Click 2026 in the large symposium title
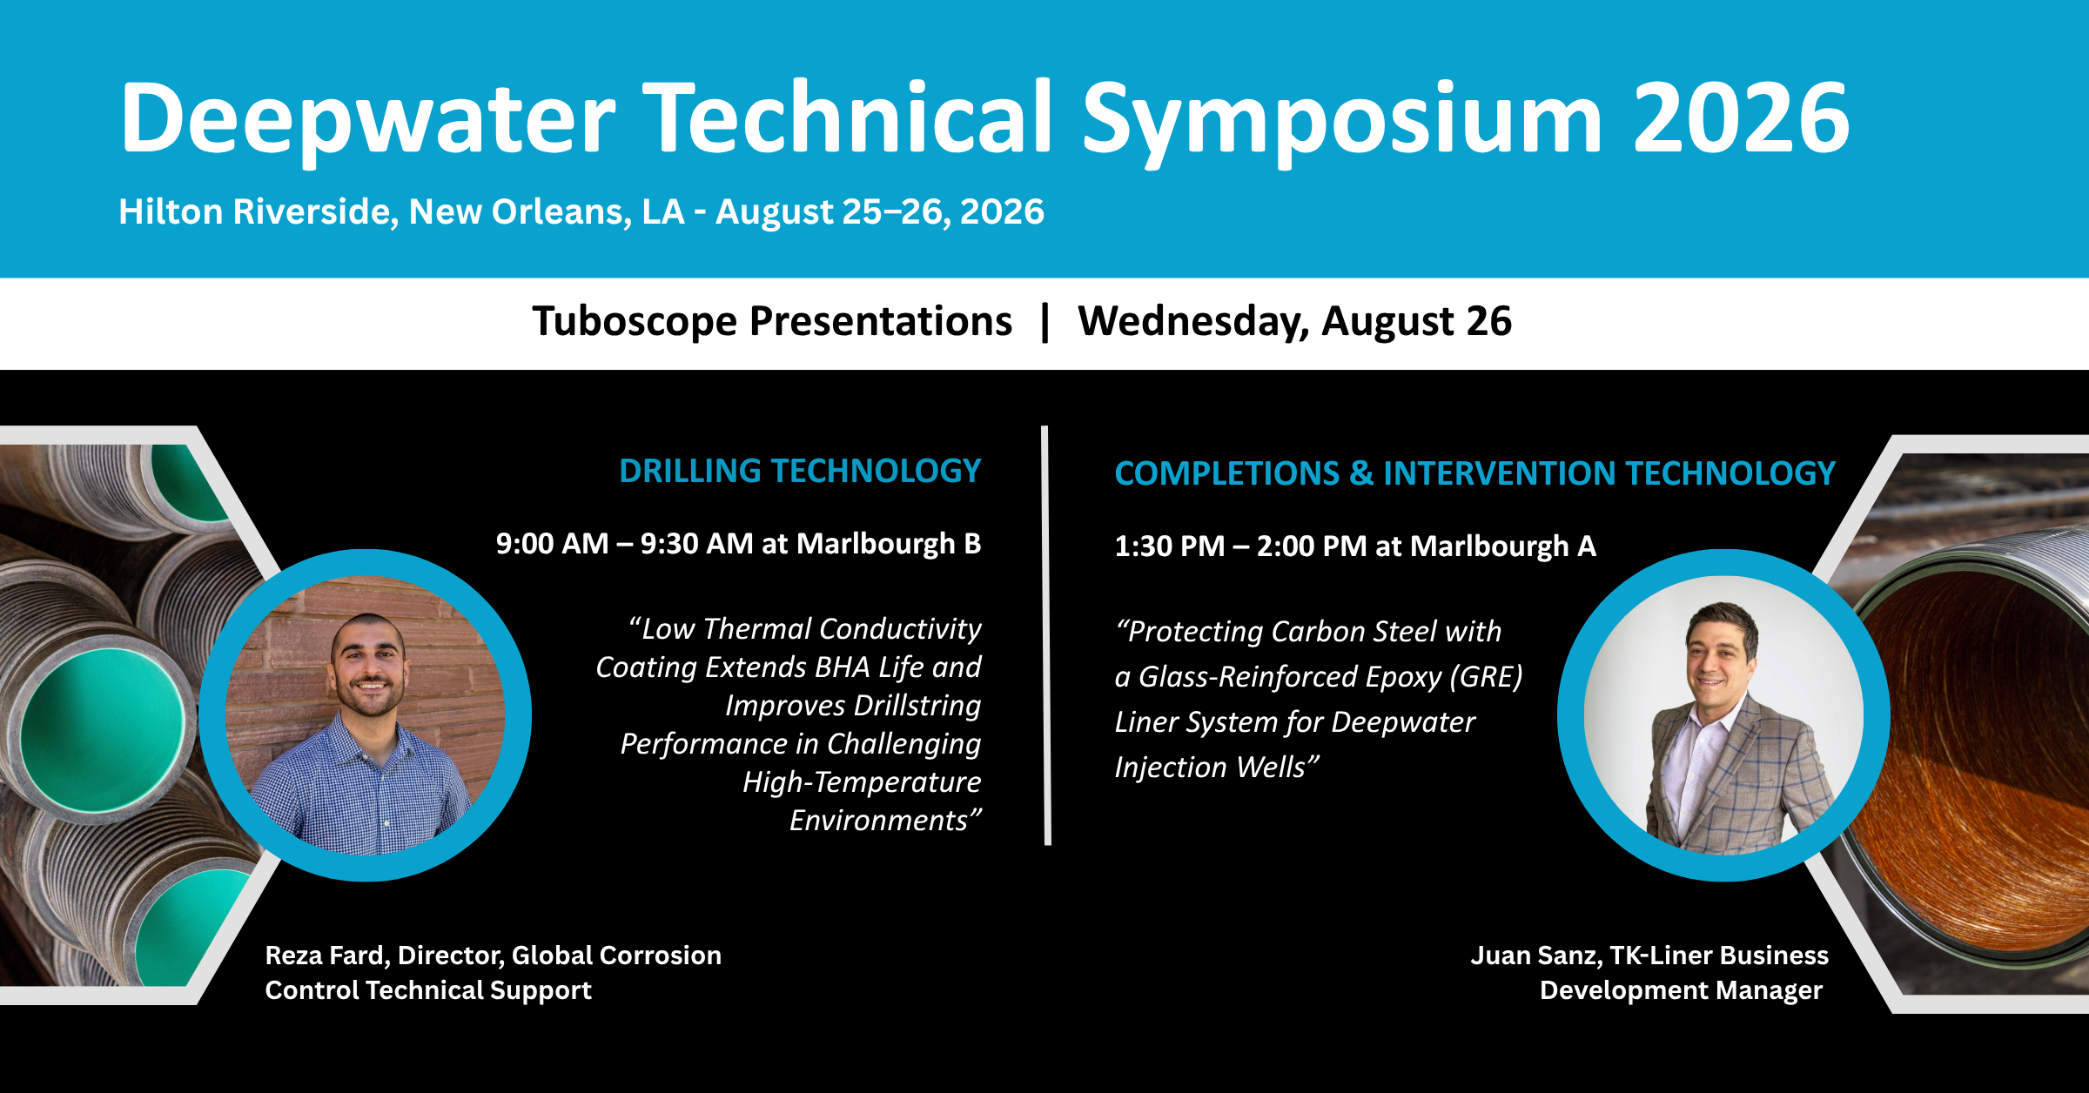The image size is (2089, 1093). coord(1741,117)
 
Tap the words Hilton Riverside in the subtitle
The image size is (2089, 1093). coord(259,211)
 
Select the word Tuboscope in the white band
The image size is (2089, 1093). coord(635,321)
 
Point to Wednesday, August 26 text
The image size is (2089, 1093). coord(1295,321)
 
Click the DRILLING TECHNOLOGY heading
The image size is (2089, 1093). coord(800,471)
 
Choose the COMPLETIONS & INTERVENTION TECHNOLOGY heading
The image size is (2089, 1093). coord(1475,473)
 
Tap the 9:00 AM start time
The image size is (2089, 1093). coord(552,543)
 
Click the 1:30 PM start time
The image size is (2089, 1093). coord(1170,546)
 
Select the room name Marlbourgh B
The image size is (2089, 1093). coord(889,544)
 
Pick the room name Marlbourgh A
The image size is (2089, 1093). coord(1503,546)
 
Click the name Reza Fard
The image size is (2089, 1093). coord(326,955)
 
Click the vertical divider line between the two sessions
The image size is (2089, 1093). coord(1045,635)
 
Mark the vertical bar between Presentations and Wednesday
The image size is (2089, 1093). coord(1045,322)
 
